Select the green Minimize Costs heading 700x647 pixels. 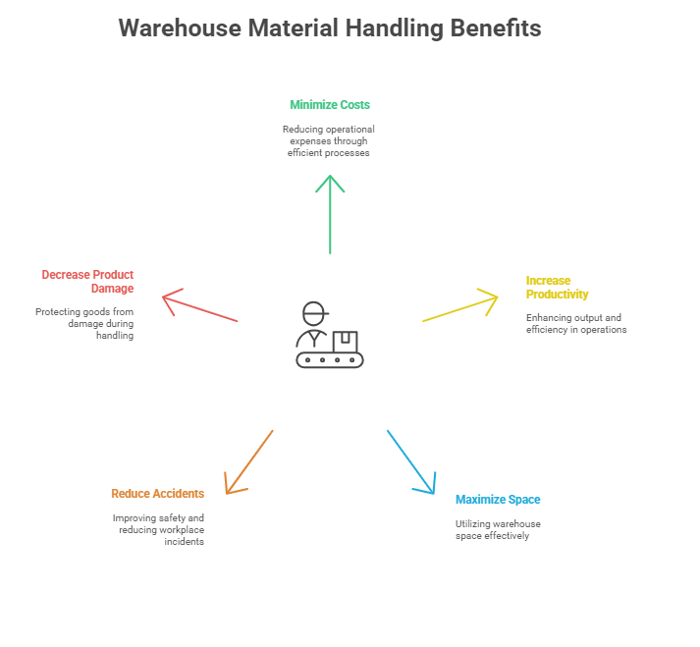pos(330,104)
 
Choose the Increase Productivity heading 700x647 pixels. pos(557,287)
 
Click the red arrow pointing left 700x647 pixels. pos(201,306)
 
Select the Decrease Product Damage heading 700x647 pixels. pos(88,282)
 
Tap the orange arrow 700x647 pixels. pos(248,461)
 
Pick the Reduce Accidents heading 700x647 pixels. pos(157,493)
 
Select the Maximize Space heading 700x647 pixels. pos(498,500)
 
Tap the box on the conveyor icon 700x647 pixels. pos(344,342)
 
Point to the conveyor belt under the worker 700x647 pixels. pos(330,360)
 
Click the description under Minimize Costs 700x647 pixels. pos(330,141)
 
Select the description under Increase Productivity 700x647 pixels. pos(576,324)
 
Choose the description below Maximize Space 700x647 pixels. pos(498,530)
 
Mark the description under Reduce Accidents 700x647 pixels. pos(158,529)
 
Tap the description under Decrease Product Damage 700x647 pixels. pos(85,323)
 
